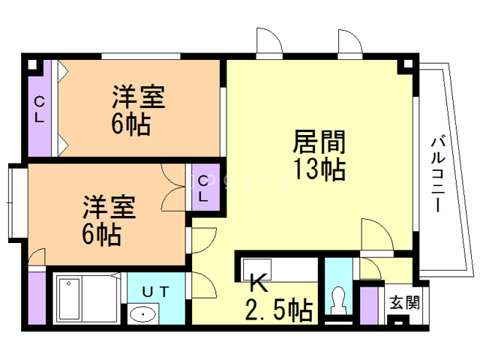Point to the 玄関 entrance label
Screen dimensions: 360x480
[x=405, y=304]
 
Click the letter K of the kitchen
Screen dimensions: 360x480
[x=258, y=283]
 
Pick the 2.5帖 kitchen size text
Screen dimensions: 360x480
[x=280, y=308]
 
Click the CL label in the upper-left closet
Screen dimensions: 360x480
[x=39, y=109]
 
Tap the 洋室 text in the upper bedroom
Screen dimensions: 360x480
[x=139, y=97]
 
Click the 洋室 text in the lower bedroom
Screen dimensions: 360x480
[x=109, y=205]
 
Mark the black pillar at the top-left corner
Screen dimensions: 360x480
[x=32, y=64]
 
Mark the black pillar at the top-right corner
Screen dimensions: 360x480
[x=406, y=65]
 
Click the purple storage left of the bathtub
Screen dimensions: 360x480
[x=38, y=298]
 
